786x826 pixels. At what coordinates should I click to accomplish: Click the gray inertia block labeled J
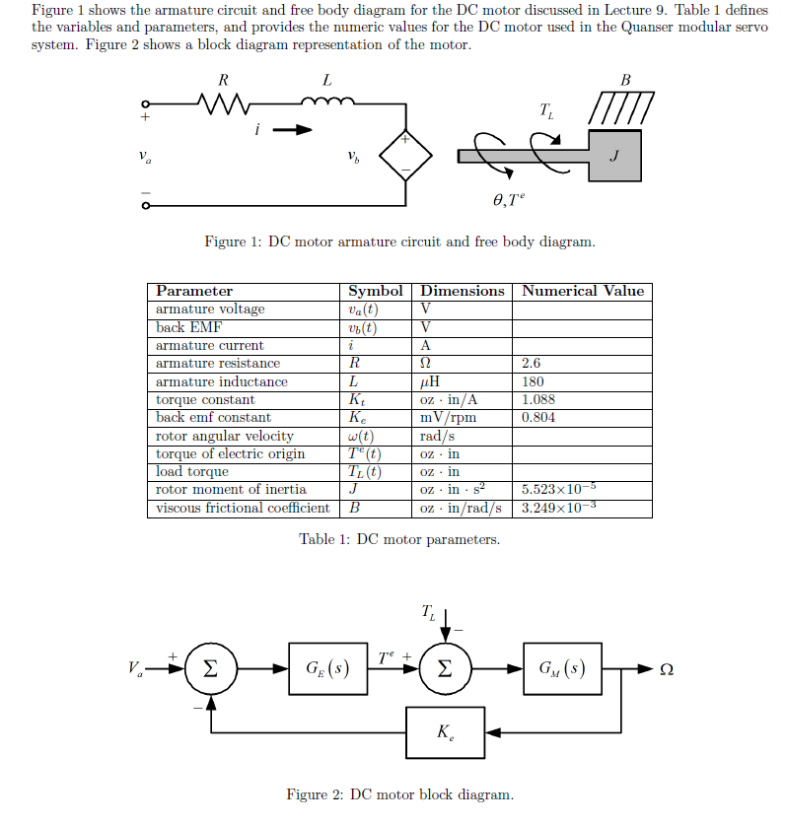[615, 155]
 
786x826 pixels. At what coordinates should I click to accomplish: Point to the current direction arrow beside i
[293, 129]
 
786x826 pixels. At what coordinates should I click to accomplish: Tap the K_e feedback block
[445, 733]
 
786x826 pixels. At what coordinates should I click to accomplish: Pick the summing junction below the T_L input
[445, 670]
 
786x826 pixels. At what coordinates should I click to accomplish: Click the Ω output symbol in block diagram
[666, 670]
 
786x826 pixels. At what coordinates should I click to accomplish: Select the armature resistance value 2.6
[531, 364]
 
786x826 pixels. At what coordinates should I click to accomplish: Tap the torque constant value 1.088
[537, 399]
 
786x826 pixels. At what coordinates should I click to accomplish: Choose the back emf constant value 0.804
[537, 417]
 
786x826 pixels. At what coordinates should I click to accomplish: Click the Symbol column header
[376, 291]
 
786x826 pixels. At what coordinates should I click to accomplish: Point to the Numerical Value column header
[582, 291]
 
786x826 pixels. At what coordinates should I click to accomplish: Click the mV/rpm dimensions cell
[448, 417]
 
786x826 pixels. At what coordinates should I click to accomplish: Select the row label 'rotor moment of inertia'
[231, 489]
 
